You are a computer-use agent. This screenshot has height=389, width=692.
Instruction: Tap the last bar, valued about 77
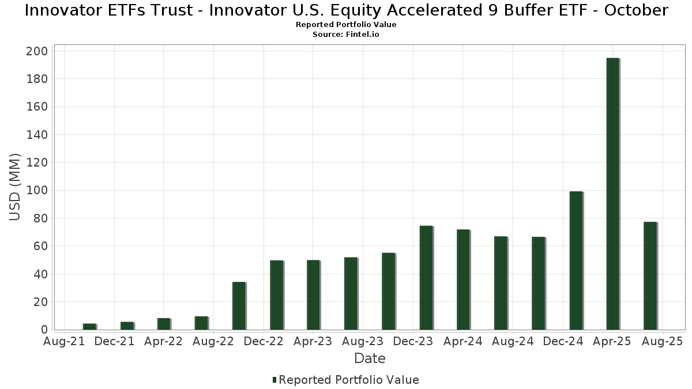650,275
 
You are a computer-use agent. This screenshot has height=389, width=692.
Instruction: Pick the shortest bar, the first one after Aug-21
89,327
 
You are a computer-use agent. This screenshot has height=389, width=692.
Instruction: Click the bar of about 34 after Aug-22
239,305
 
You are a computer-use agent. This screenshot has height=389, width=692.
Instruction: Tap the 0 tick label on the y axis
44,330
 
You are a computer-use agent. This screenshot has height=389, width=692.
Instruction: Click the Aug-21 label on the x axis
65,341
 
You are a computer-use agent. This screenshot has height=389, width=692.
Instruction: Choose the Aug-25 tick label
662,341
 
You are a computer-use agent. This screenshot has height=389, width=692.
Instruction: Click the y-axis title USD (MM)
15,187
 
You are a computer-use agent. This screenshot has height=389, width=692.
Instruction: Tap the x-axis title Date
370,358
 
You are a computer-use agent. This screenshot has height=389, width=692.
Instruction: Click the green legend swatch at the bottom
274,380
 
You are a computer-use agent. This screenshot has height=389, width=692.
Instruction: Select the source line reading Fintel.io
346,35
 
